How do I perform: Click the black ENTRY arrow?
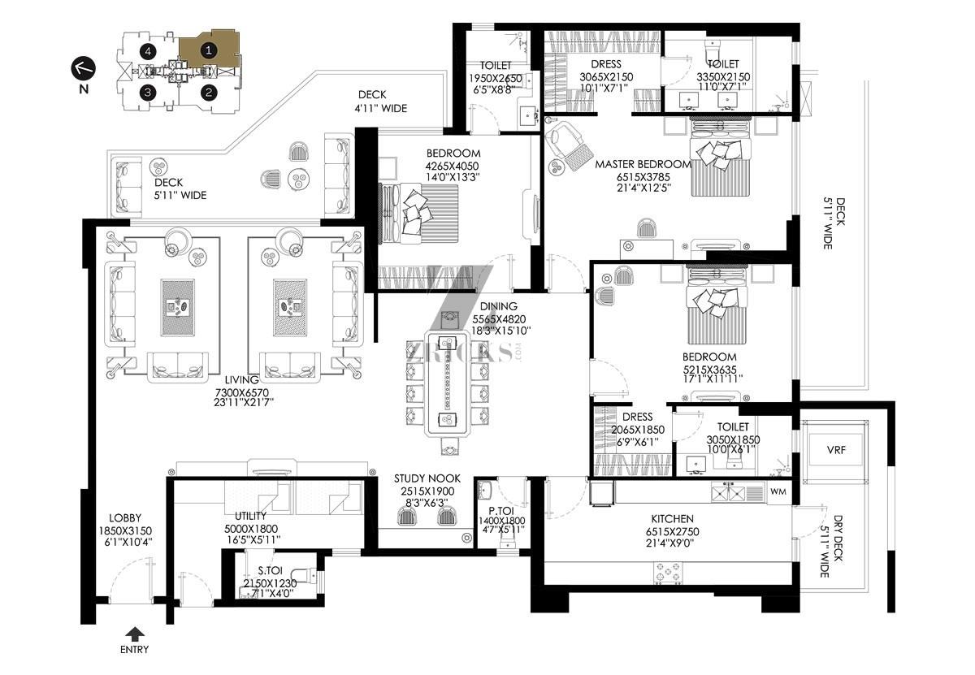[136, 634]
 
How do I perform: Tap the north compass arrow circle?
[83, 68]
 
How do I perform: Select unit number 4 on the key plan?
[148, 52]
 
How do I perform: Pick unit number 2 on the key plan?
[209, 93]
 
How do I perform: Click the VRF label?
[836, 449]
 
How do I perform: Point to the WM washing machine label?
[778, 491]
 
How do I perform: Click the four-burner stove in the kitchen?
[668, 573]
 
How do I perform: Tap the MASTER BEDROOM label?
[643, 165]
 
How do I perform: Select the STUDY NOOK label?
[427, 478]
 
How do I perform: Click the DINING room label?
[499, 306]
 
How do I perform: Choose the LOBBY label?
[125, 518]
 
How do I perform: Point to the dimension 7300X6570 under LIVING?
[242, 392]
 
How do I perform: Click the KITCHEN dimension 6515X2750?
[673, 531]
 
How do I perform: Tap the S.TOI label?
[270, 570]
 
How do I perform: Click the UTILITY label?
[250, 516]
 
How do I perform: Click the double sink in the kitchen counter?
[728, 493]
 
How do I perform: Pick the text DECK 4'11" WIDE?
[380, 102]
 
